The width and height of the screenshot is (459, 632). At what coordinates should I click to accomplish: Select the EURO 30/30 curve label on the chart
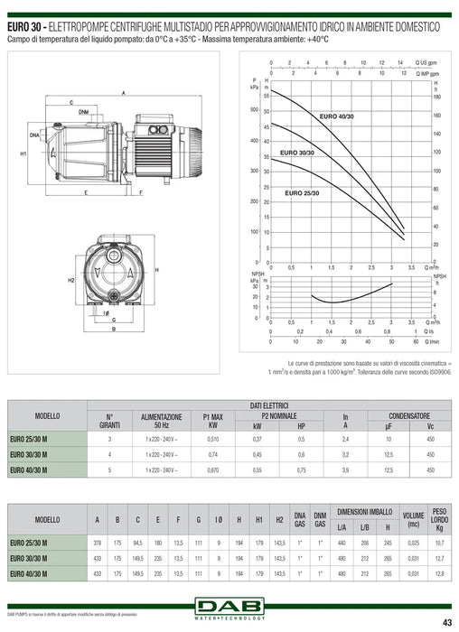297,153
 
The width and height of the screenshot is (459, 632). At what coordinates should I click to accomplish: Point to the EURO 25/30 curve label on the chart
302,192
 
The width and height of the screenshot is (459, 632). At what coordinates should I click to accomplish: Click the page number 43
445,621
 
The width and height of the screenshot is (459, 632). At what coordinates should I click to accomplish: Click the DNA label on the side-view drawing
34,135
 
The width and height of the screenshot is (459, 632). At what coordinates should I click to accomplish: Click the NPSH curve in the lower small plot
334,301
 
